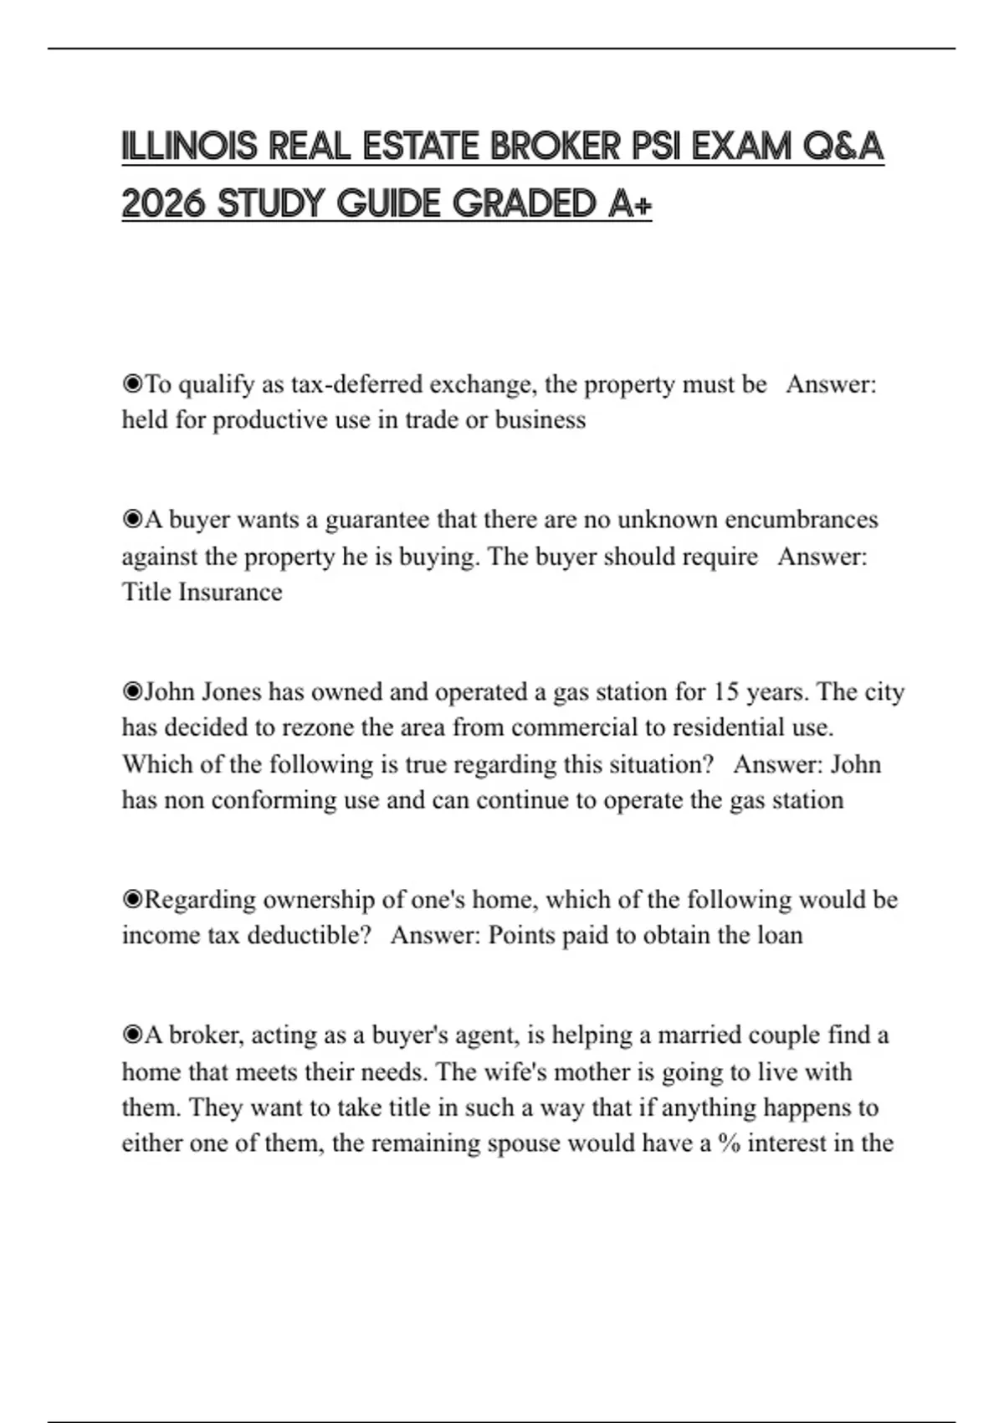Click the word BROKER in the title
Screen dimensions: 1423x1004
(555, 147)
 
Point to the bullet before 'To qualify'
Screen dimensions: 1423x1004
(132, 384)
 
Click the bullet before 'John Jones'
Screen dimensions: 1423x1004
(132, 692)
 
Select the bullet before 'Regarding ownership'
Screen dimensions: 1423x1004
(132, 900)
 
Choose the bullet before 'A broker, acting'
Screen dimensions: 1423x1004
(132, 1035)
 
